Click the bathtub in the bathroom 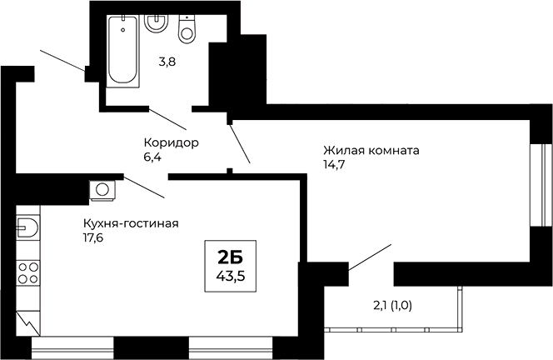(x=123, y=51)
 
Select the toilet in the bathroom (x=187, y=29)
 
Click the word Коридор (x=171, y=142)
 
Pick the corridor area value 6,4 (x=153, y=157)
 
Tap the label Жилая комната (x=371, y=151)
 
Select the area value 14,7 (x=333, y=165)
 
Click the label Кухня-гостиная (x=131, y=223)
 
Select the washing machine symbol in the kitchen (x=102, y=190)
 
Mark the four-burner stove (x=27, y=272)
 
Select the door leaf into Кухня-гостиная (x=144, y=187)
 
